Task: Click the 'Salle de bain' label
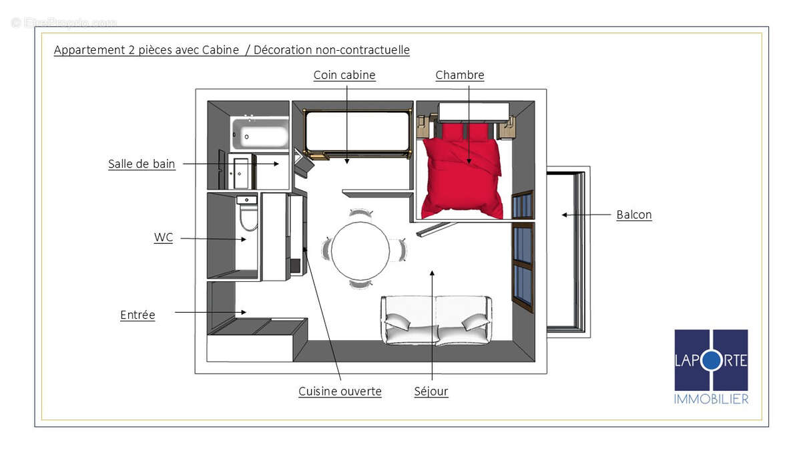pyautogui.click(x=142, y=164)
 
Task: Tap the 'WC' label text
pyautogui.click(x=163, y=237)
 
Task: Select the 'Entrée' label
pyautogui.click(x=138, y=315)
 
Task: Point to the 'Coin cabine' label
pyautogui.click(x=344, y=75)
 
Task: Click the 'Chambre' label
pyautogui.click(x=460, y=75)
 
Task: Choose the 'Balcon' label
pyautogui.click(x=634, y=214)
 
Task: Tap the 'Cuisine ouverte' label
pyautogui.click(x=340, y=391)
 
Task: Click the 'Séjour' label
pyautogui.click(x=431, y=391)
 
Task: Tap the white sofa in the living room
pyautogui.click(x=437, y=319)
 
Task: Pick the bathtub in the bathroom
pyautogui.click(x=260, y=134)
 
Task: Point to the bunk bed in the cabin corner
pyautogui.click(x=357, y=132)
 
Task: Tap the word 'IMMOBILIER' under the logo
pyautogui.click(x=711, y=399)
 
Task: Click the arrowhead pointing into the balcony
pyautogui.click(x=565, y=214)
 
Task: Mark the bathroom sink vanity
pyautogui.click(x=241, y=171)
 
